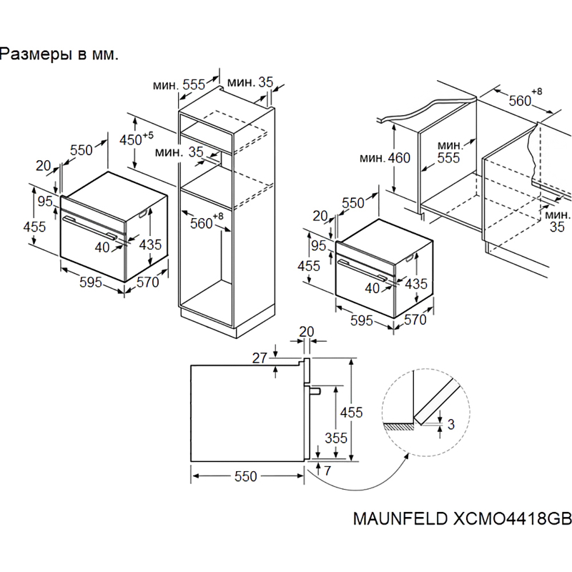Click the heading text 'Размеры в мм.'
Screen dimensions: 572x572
click(x=58, y=55)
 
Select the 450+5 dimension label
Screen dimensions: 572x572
click(x=135, y=139)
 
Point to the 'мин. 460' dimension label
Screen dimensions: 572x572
click(x=385, y=158)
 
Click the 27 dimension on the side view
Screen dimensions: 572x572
click(x=259, y=357)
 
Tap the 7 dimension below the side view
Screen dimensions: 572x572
click(x=327, y=470)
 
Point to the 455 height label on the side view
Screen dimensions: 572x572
click(x=350, y=412)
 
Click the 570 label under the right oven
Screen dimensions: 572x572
click(x=415, y=320)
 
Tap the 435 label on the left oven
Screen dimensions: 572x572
click(x=150, y=245)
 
